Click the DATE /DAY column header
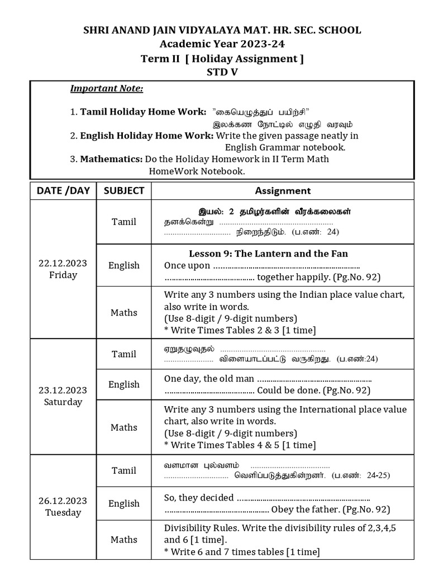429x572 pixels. coord(63,190)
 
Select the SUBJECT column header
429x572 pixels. coord(124,190)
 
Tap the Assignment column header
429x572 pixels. coord(283,190)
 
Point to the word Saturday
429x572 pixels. coord(63,402)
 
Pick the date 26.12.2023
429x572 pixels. coord(63,500)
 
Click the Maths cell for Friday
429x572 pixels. coord(124,313)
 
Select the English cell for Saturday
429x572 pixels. coord(124,384)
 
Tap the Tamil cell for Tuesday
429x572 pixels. coord(124,470)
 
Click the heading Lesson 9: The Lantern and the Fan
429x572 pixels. coord(268,254)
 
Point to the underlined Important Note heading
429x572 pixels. coord(107,89)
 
